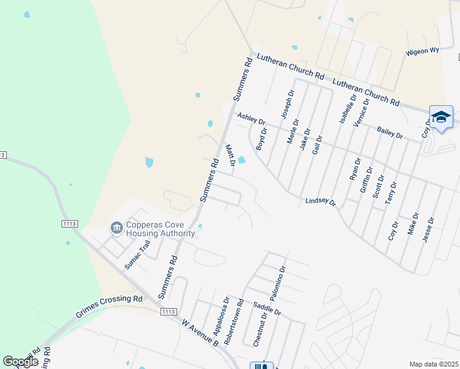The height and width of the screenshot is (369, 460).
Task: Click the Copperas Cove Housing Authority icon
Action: pos(116,229)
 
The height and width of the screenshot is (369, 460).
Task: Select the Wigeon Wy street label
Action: pos(421,52)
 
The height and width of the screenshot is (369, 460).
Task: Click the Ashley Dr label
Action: pos(251,119)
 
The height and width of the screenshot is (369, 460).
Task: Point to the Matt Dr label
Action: pos(230,155)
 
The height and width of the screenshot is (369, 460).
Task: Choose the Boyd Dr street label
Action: pos(263,139)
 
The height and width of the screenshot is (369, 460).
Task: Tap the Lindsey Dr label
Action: pos(321,202)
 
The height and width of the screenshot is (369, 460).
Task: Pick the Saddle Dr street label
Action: pos(267,307)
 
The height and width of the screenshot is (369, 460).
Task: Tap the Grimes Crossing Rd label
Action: pos(109,306)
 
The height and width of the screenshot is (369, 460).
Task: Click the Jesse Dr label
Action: pos(429,229)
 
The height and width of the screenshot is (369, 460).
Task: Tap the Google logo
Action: pos(20,362)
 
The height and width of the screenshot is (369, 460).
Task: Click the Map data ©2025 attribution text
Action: pos(434,364)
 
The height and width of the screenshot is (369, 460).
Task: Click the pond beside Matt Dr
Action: pos(242,161)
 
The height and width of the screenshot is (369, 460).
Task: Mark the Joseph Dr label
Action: pos(287,104)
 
